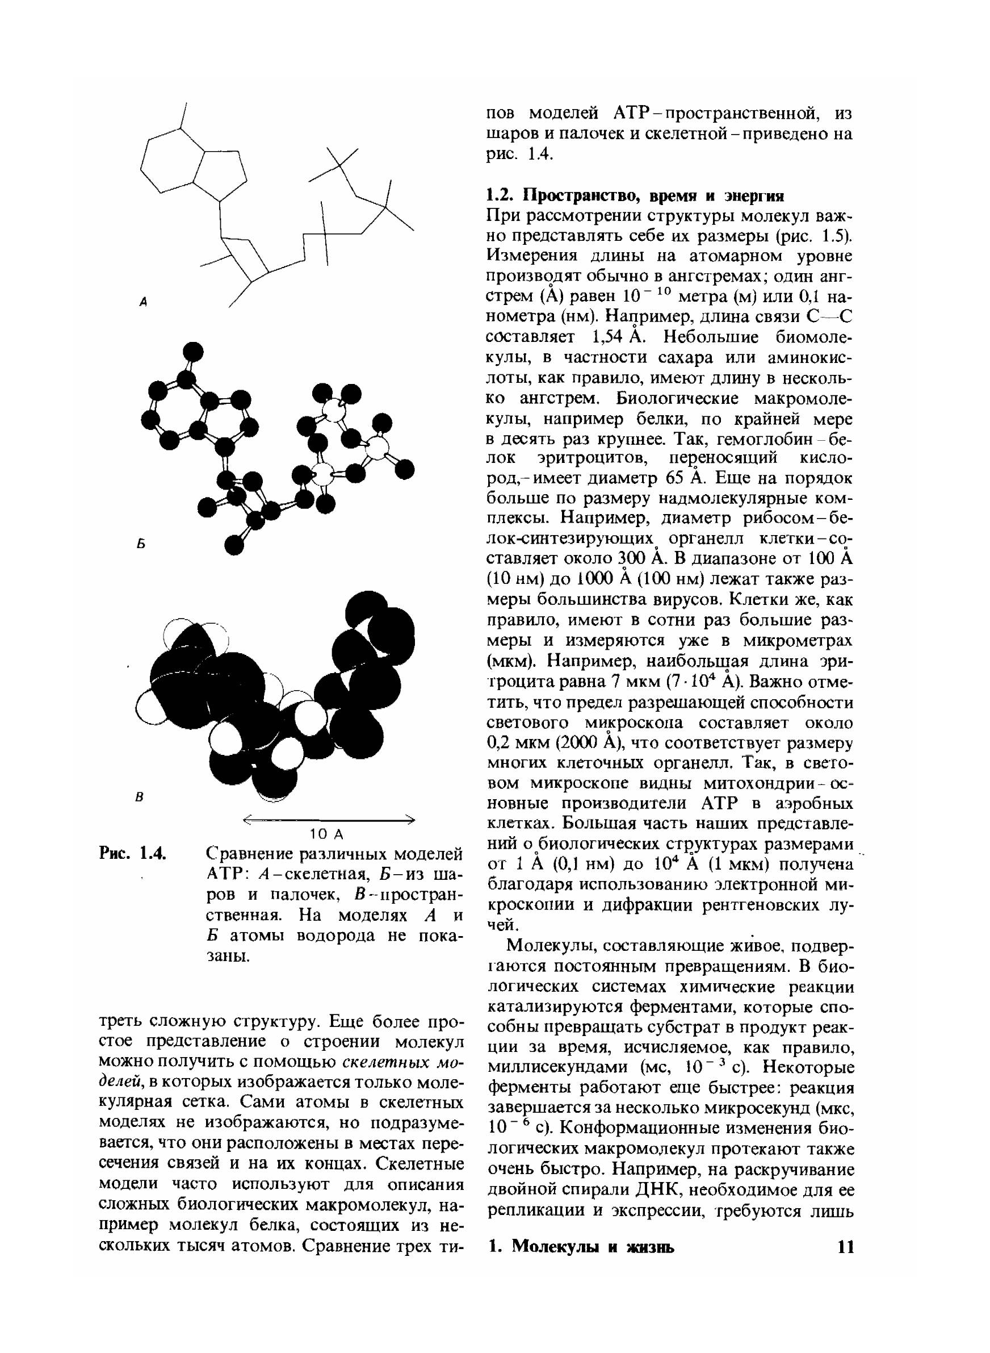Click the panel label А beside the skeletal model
(144, 303)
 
